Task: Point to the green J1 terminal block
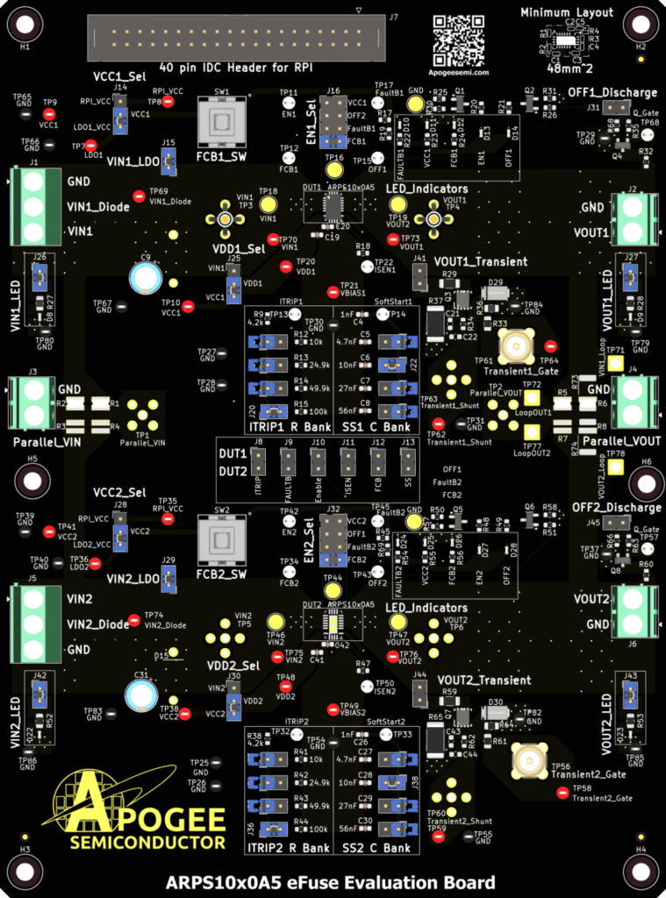[34, 207]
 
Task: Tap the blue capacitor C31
[140, 695]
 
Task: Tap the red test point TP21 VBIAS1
[333, 292]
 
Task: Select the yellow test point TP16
[334, 167]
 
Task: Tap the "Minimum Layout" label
[579, 13]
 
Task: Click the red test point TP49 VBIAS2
[333, 709]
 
